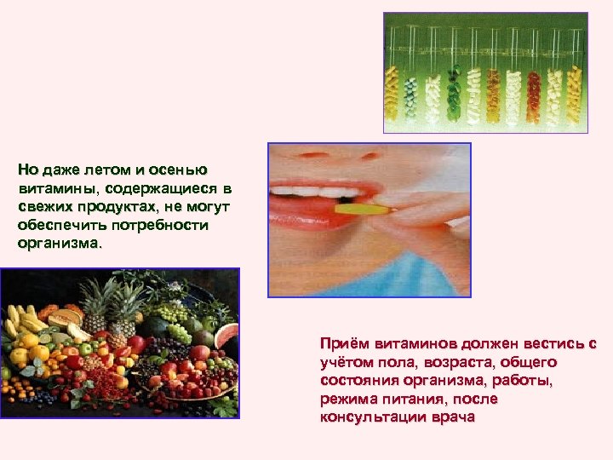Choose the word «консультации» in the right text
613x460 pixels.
[x=370, y=417]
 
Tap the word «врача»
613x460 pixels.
[x=451, y=417]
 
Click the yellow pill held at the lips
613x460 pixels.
[x=355, y=208]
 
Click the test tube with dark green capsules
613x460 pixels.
[x=453, y=94]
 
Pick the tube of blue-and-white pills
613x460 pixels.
[x=412, y=94]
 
